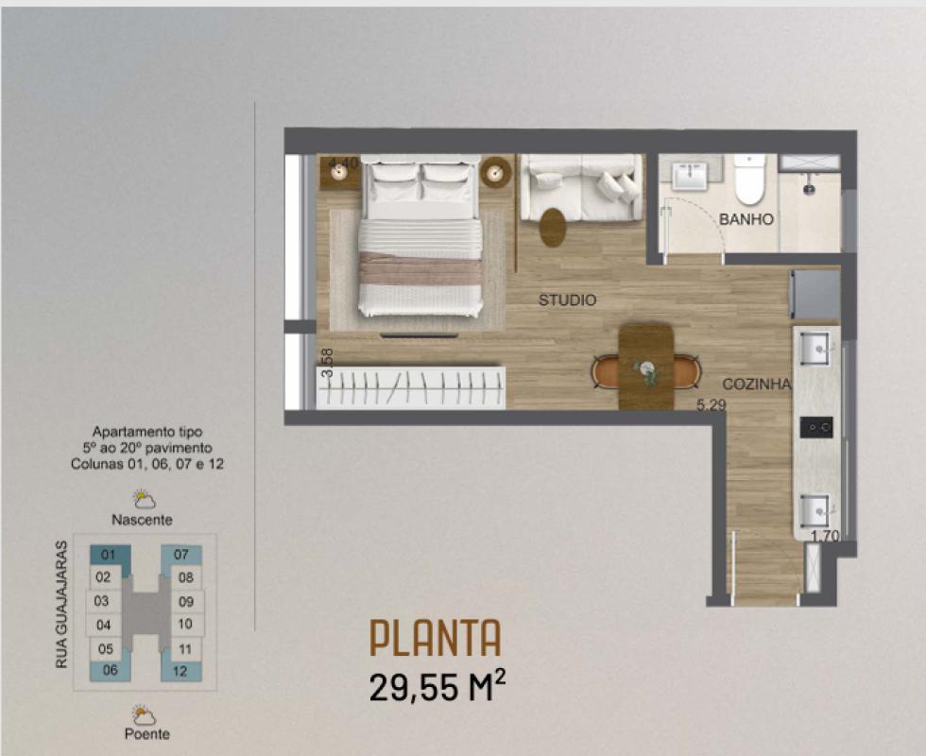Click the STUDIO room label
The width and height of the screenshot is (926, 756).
(x=567, y=301)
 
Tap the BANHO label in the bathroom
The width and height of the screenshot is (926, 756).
(x=746, y=219)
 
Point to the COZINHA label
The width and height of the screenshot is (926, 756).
(x=757, y=384)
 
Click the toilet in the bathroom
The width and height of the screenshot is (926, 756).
(x=749, y=179)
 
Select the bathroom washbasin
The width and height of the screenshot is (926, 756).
(x=689, y=175)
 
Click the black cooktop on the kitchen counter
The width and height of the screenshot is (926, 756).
(x=816, y=427)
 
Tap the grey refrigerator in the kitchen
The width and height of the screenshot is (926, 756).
(x=815, y=294)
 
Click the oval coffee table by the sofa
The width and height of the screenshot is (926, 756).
(x=553, y=227)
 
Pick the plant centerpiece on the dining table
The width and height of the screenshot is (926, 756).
(x=645, y=371)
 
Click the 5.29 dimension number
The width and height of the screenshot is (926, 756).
(x=711, y=405)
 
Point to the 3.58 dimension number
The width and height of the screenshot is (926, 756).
(x=327, y=363)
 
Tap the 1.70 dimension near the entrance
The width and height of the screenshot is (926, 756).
(x=825, y=537)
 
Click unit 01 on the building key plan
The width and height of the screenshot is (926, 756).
(x=109, y=556)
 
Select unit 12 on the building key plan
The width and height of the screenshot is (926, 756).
(x=180, y=671)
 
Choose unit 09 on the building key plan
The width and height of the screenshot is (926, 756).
(x=186, y=601)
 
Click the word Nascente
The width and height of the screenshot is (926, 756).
(x=143, y=520)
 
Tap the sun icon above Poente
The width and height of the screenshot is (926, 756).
(x=143, y=714)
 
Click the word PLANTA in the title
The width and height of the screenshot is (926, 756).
(x=436, y=638)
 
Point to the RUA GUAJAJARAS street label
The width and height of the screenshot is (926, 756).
(x=61, y=605)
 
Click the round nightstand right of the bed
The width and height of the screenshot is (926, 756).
(x=495, y=172)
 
